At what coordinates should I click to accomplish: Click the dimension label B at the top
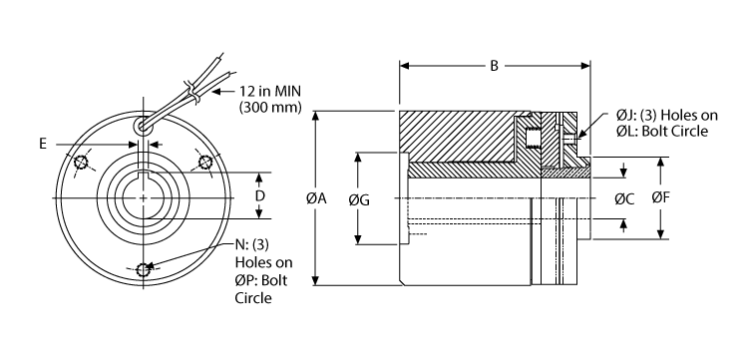493,68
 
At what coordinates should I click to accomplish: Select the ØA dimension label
316,198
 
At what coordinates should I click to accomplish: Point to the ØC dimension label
625,198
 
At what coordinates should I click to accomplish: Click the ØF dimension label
660,198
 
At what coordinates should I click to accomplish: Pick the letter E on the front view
44,144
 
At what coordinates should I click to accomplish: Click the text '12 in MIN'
273,90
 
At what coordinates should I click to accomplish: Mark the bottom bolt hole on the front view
144,267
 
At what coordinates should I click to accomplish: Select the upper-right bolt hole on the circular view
205,163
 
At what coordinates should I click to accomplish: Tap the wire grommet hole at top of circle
145,125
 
